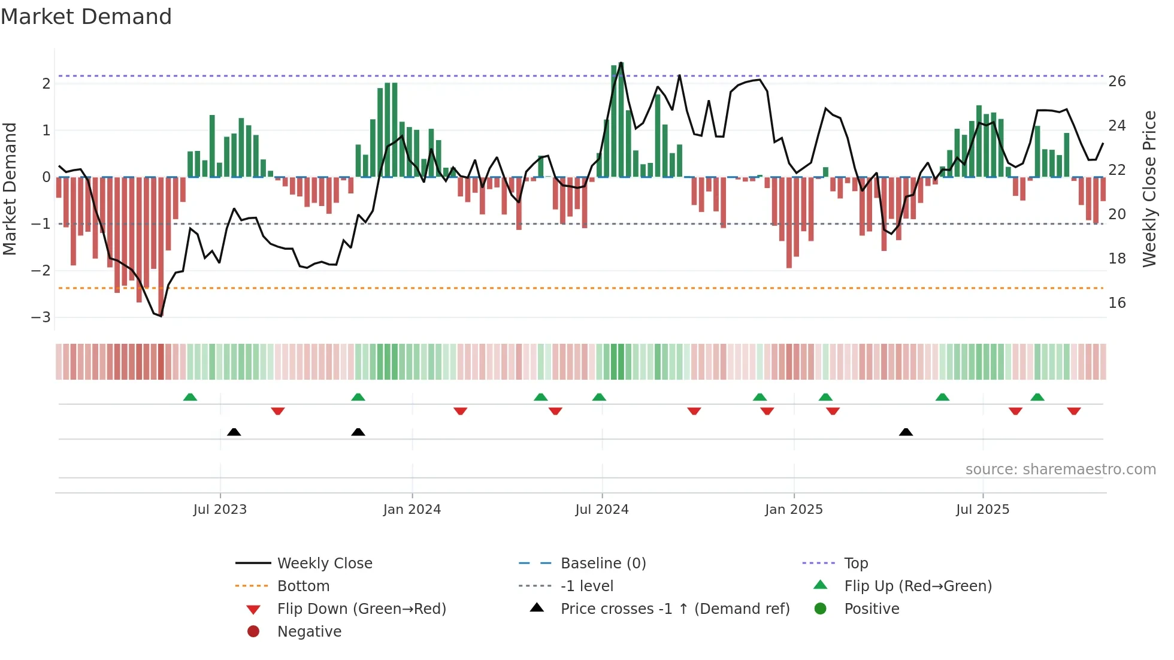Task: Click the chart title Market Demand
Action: pos(86,17)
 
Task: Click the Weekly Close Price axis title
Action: pos(1149,189)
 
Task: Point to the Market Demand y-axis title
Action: pos(10,189)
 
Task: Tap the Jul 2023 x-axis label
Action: pos(220,510)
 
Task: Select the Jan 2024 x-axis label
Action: pos(412,510)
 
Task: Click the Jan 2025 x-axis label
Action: pos(794,510)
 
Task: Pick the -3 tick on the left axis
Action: pos(41,317)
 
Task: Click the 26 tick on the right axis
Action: pos(1116,81)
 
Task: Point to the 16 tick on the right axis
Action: pos(1116,303)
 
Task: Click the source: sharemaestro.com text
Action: pos(1060,470)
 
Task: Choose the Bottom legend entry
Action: pos(303,586)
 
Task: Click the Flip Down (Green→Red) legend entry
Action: pos(361,609)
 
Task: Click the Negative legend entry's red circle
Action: pos(253,632)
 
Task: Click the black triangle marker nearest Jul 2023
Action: pos(234,432)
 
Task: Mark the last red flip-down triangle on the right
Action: pos(1073,411)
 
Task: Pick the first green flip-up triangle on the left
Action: pos(190,397)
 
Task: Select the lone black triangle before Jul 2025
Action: pos(906,432)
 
